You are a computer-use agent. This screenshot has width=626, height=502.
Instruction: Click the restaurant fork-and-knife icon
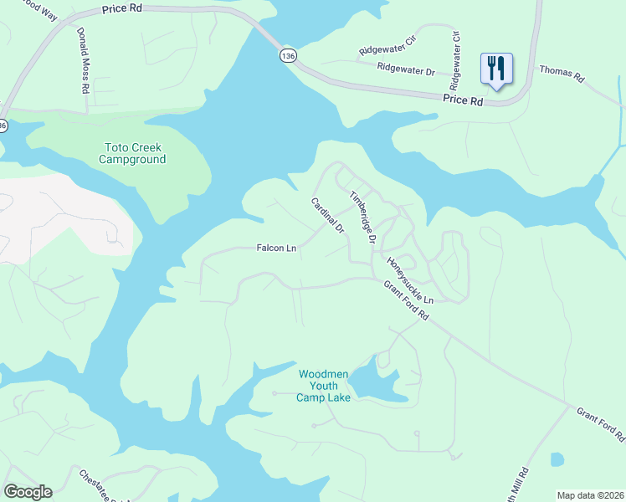tap(496, 69)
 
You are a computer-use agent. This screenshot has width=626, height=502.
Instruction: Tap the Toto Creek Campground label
tap(132, 153)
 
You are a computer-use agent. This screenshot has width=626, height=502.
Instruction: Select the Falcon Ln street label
tap(276, 248)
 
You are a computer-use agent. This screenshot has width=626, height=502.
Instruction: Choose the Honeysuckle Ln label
tap(410, 280)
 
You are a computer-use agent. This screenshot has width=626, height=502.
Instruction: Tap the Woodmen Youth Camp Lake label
tap(323, 386)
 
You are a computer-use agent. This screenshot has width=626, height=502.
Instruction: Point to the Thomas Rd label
tap(561, 73)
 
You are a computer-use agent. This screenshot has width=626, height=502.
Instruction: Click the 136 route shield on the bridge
tap(288, 55)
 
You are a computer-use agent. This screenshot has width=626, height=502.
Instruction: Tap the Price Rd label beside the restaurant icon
tap(464, 100)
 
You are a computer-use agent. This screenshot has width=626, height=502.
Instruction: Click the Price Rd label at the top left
tap(124, 9)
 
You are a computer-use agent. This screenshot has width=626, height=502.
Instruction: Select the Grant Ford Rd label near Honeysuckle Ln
tap(406, 300)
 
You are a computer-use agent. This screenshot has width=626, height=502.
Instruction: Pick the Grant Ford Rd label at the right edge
tap(600, 424)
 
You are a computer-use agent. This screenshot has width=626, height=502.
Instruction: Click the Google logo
tap(28, 492)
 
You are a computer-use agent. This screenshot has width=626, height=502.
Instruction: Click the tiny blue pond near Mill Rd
tap(557, 459)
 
